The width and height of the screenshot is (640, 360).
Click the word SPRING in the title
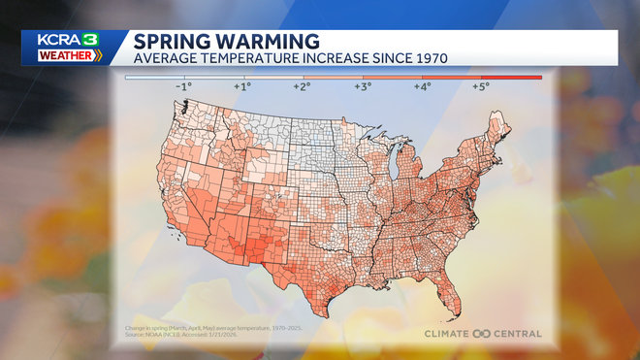tap(168, 42)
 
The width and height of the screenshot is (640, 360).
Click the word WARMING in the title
tap(261, 42)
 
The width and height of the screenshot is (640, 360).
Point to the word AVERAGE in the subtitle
tap(166, 57)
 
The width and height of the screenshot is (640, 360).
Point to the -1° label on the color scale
tap(183, 86)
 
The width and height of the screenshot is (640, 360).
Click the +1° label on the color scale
tap(242, 86)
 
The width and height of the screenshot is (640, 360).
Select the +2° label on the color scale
tap(303, 86)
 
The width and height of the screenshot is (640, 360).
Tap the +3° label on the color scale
tap(362, 86)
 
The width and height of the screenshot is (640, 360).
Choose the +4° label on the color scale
tap(422, 86)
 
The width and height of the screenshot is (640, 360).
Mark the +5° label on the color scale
tap(481, 86)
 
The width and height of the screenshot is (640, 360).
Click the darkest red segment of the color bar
tap(511, 77)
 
